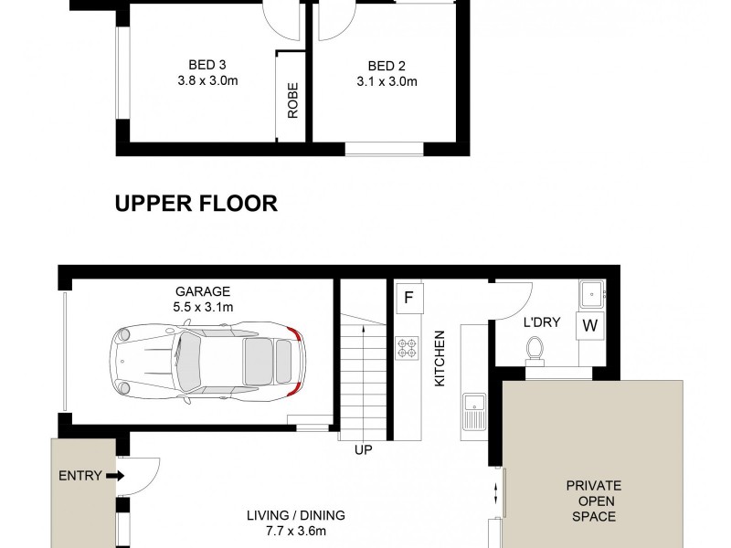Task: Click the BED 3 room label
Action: (207, 65)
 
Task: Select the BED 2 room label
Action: (387, 66)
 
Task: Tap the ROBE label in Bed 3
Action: (293, 101)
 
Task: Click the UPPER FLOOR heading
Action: (196, 204)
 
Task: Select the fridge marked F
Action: (408, 297)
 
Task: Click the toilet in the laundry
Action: (536, 349)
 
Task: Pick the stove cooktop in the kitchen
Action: (406, 347)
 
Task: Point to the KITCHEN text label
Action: (439, 359)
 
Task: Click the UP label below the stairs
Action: (363, 449)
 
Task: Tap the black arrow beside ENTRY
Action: (114, 475)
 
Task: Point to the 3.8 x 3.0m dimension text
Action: (207, 80)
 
